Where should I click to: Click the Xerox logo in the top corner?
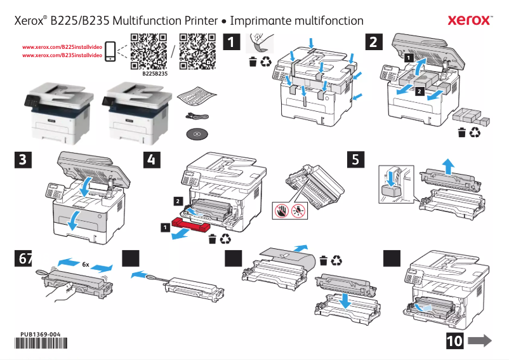pyautogui.click(x=469, y=20)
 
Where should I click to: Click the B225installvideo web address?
pyautogui.click(x=63, y=48)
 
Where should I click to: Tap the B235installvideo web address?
pyautogui.click(x=63, y=56)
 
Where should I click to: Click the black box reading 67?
pyautogui.click(x=23, y=258)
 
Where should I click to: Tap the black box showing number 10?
pyautogui.click(x=454, y=341)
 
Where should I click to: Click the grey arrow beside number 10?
pyautogui.click(x=480, y=341)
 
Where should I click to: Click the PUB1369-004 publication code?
pyautogui.click(x=40, y=334)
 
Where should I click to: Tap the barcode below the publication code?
pyautogui.click(x=40, y=344)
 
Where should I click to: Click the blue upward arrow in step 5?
pyautogui.click(x=448, y=166)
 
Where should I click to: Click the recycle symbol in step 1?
pyautogui.click(x=266, y=62)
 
